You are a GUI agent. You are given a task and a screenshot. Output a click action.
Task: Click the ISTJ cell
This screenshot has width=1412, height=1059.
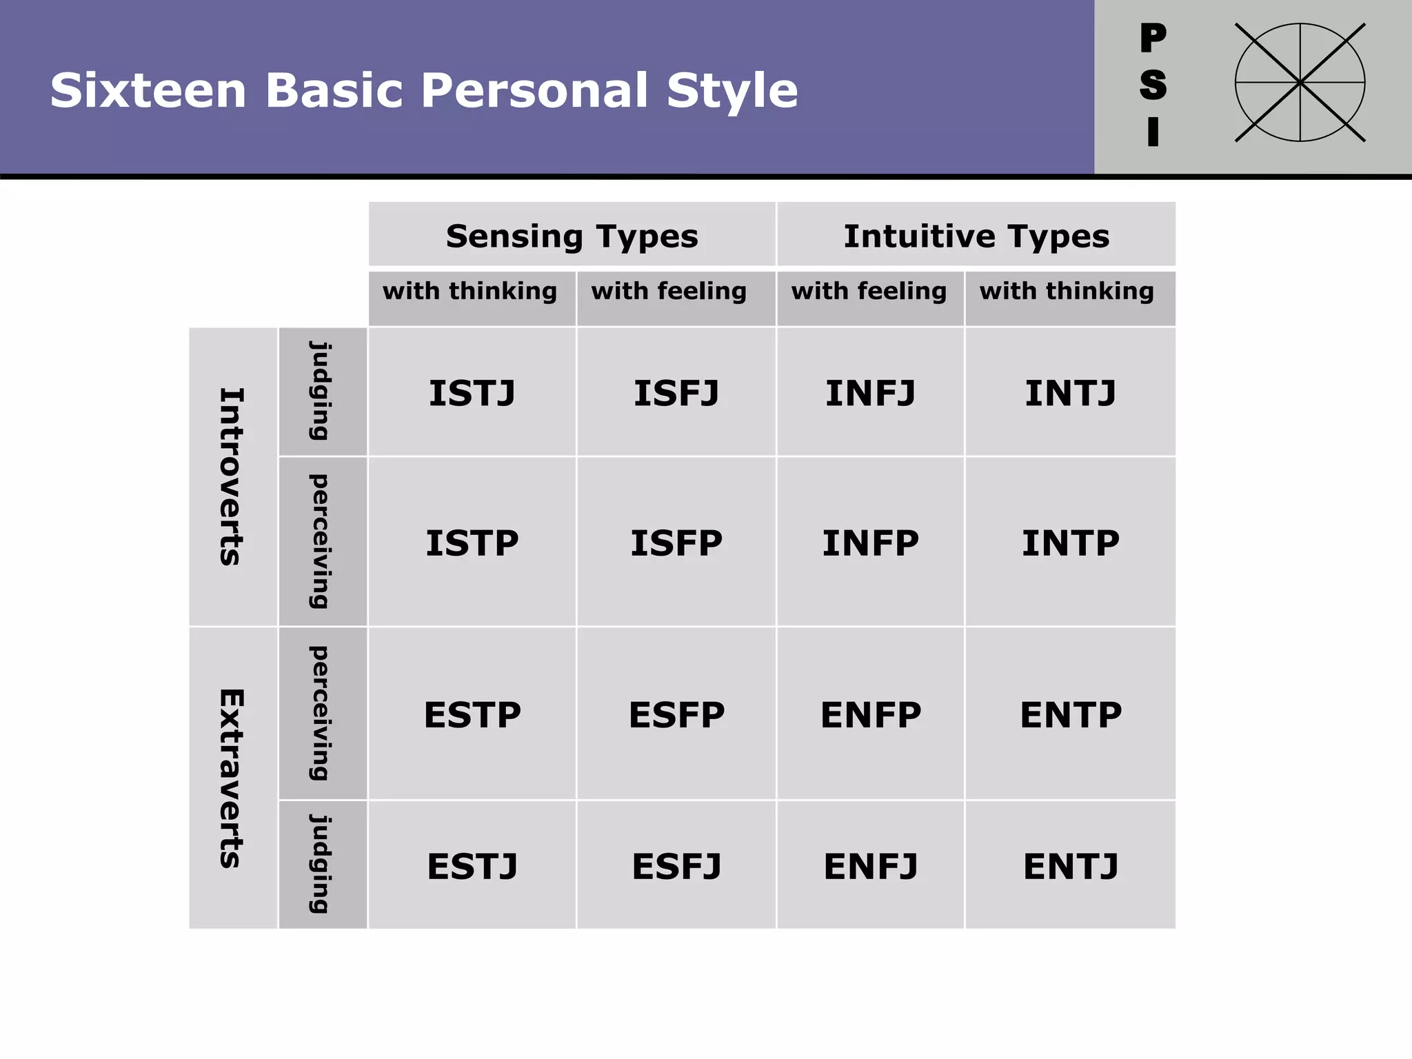point(472,393)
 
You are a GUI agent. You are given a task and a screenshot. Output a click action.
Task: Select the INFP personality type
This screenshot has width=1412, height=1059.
point(870,543)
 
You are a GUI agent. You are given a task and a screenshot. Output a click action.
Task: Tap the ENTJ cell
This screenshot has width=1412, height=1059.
point(1070,867)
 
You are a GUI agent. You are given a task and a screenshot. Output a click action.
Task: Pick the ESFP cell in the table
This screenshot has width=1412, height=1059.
point(676,715)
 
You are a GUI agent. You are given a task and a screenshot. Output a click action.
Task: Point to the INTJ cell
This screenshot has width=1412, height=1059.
point(1070,393)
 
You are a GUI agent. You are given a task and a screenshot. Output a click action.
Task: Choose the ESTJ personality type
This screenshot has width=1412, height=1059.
point(472,867)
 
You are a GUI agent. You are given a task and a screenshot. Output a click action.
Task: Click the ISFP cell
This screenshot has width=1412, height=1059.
point(676,543)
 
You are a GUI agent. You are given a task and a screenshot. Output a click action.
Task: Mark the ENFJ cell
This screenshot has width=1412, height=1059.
point(870,867)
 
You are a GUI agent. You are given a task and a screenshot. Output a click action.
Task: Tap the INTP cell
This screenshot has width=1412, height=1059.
point(1070,543)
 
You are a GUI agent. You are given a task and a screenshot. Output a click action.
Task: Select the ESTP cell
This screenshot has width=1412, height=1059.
point(472,715)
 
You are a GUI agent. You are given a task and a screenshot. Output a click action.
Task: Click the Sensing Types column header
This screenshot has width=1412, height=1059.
point(572,236)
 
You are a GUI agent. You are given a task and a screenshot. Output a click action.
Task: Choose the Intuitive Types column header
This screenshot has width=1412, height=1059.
point(976,236)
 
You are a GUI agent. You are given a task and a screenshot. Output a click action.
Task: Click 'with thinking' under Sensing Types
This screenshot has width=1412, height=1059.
point(470,292)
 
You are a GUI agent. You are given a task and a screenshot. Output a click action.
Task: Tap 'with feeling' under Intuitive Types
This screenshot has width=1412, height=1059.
point(869,292)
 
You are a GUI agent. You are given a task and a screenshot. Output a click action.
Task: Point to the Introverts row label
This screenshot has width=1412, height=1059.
point(232,477)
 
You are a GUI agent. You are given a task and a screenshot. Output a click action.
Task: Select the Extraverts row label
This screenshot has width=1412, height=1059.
point(232,778)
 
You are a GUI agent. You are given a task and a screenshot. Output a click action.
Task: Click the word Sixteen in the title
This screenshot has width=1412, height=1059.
point(148,90)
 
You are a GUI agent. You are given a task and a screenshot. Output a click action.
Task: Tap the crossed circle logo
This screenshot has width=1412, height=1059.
point(1300,83)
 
